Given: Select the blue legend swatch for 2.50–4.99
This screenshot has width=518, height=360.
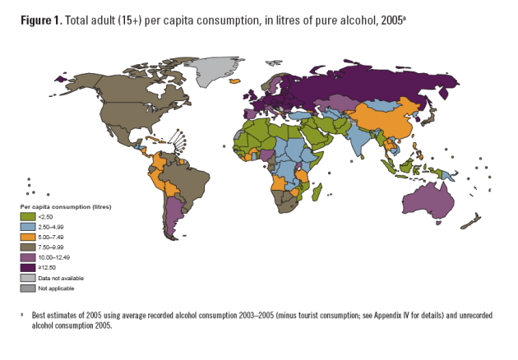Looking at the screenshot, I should point(27,227).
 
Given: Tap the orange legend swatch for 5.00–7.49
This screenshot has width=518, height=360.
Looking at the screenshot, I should point(27,237).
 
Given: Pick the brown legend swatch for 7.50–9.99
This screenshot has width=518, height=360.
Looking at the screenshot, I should point(27,247).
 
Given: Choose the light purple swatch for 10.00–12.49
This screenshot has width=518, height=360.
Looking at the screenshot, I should point(27,257).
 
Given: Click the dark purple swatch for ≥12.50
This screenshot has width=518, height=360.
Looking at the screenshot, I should point(27,267).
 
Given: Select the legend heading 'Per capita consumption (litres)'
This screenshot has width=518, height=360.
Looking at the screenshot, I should point(66,205).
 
